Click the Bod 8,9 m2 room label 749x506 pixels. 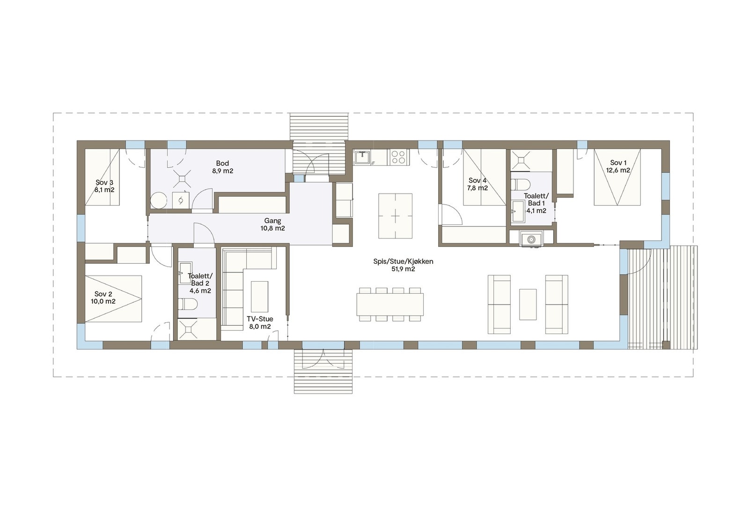[222, 167]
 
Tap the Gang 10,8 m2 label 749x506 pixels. [272, 224]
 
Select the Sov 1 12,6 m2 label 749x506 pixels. [618, 166]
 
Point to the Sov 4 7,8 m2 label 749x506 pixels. [477, 184]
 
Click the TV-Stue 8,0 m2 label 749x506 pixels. [260, 322]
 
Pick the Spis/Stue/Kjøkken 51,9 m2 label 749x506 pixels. [403, 265]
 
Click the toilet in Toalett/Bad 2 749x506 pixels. [188, 305]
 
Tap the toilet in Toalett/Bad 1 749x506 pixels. [520, 183]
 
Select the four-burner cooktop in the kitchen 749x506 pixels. [398, 156]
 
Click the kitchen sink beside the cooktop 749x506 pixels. [362, 157]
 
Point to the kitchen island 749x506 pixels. [396, 216]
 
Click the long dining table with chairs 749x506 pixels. [390, 305]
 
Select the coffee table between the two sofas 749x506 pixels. [528, 304]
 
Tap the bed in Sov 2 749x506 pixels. [113, 298]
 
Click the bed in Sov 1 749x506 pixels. [617, 177]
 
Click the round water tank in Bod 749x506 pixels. [159, 201]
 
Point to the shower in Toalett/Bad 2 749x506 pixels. [189, 329]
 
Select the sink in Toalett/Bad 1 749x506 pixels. [518, 211]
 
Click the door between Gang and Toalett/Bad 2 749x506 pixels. [204, 234]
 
